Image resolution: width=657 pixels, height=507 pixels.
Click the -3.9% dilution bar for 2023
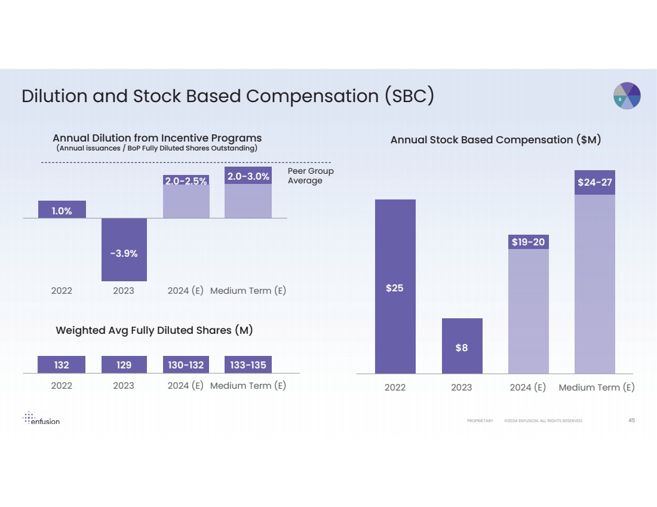click(x=124, y=250)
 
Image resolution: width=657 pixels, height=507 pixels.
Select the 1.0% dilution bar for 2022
click(x=62, y=210)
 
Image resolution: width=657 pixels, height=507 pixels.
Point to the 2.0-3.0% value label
click(x=248, y=176)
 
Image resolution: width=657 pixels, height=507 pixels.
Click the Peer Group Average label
click(x=310, y=176)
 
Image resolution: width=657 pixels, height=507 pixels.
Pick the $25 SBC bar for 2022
click(x=395, y=287)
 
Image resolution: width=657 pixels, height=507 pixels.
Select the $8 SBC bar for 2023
click(x=462, y=346)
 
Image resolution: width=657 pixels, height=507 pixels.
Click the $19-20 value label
click(x=528, y=242)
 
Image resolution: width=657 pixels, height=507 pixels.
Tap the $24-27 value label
click(x=594, y=182)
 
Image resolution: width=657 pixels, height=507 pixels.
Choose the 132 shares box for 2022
click(x=62, y=364)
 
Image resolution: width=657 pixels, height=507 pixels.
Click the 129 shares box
click(x=124, y=364)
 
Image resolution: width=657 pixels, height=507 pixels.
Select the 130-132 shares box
click(x=186, y=364)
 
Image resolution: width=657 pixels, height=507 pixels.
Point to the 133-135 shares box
click(x=248, y=364)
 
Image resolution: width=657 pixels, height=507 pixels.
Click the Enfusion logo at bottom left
click(x=41, y=418)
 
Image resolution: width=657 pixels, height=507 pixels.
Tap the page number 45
click(x=631, y=420)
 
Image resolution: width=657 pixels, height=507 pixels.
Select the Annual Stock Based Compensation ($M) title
click(x=495, y=140)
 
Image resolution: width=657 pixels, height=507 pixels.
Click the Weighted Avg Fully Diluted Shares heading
click(x=154, y=330)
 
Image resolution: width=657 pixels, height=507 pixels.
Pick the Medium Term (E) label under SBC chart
click(x=596, y=388)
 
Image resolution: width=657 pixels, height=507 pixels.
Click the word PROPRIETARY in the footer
click(x=480, y=421)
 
